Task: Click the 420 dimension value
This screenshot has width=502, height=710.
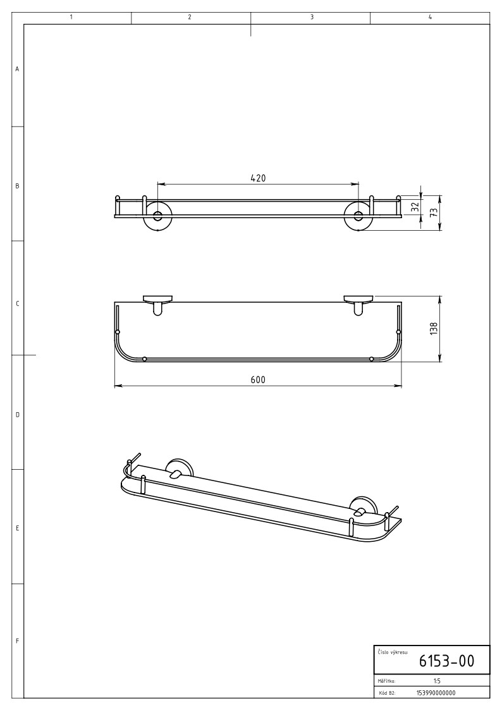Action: tap(258, 178)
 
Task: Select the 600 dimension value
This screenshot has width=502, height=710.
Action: tap(258, 379)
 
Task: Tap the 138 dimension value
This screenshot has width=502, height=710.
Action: tap(434, 328)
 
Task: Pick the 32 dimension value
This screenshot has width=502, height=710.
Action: tap(415, 207)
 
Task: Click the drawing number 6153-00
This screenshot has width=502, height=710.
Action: tap(446, 661)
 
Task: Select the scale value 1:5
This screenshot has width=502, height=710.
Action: tap(437, 680)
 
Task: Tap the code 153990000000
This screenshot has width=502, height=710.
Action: tap(436, 693)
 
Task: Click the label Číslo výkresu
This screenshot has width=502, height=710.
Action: tap(393, 652)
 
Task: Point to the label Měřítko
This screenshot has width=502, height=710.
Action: tap(386, 681)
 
